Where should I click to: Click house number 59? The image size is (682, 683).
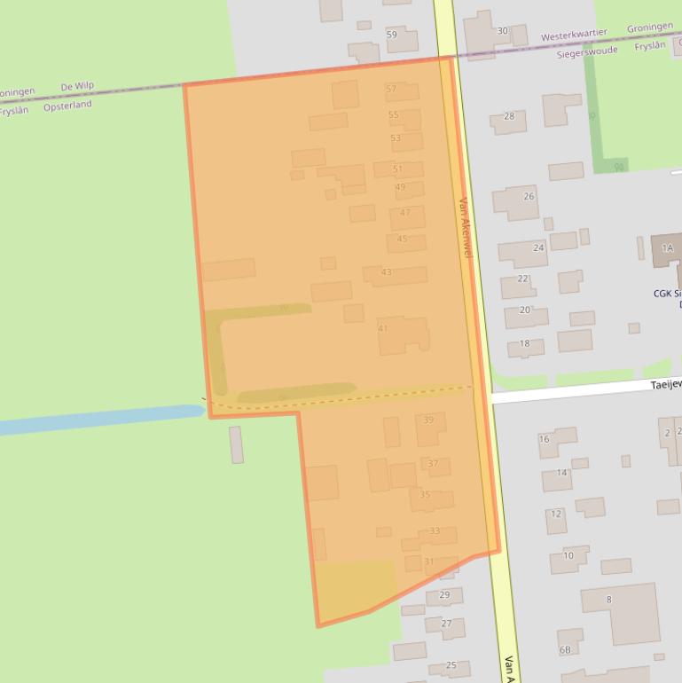[x=392, y=35]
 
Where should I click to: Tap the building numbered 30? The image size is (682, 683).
[x=502, y=31]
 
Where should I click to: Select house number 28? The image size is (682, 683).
[x=509, y=116]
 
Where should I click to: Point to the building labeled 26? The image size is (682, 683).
[x=529, y=196]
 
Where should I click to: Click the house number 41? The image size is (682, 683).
[x=383, y=328]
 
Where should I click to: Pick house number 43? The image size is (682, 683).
[x=386, y=271]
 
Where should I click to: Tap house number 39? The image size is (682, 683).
[x=428, y=420]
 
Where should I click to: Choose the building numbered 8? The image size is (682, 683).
[x=608, y=600]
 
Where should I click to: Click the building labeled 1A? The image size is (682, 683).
[x=667, y=248]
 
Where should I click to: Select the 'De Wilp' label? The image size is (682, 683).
[x=76, y=87]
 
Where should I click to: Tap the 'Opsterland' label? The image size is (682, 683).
[x=67, y=106]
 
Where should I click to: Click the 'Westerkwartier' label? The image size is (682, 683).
[x=574, y=35]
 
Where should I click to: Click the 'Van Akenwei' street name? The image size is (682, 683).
[x=466, y=227]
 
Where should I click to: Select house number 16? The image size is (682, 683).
[x=544, y=439]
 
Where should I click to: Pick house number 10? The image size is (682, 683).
[x=568, y=556]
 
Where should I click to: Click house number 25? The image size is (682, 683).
[x=451, y=665]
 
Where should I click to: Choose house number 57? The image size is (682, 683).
[x=391, y=89]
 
